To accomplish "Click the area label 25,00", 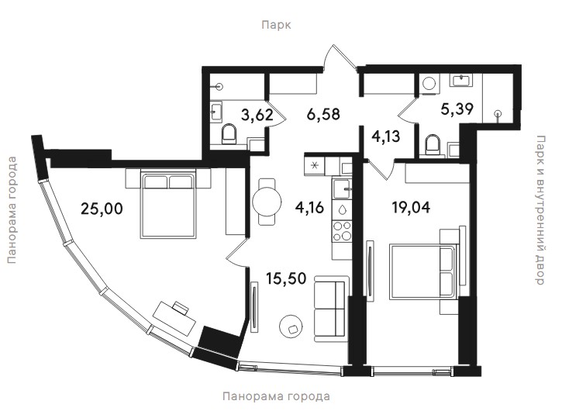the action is (x=102, y=209).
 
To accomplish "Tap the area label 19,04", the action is (x=411, y=207).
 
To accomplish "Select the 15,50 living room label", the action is (x=286, y=278).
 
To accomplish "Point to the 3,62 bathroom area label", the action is (x=257, y=116).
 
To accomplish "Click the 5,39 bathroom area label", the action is (x=457, y=109).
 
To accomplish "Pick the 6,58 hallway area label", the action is (x=323, y=114).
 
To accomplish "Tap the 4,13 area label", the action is (x=386, y=136).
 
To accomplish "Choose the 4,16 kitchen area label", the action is (x=309, y=207).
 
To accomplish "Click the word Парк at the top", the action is (x=276, y=25).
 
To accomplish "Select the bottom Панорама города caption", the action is (x=276, y=396).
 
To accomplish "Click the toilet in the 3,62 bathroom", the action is (x=229, y=133).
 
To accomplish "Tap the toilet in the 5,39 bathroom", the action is (x=432, y=144).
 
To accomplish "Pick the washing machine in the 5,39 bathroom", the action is (x=429, y=84).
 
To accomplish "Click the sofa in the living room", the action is (x=331, y=309).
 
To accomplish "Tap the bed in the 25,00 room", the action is (x=168, y=205).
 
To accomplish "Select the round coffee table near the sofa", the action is (x=291, y=326).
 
